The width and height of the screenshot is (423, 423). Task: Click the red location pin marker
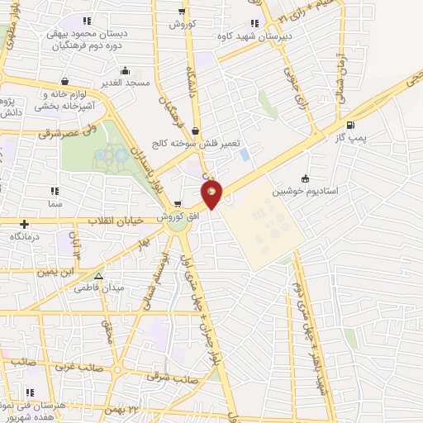[x=212, y=194]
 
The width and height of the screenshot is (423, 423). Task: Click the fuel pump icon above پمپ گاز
[x=353, y=126]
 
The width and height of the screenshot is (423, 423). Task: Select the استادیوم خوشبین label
[x=307, y=190]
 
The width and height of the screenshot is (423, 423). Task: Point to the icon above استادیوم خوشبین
[x=306, y=178]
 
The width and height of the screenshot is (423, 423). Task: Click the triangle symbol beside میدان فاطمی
[x=98, y=278]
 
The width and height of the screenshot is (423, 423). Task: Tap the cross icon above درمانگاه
[x=25, y=224]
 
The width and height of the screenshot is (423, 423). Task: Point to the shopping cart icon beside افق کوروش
[x=178, y=204]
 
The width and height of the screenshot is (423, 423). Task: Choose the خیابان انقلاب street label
[x=115, y=221]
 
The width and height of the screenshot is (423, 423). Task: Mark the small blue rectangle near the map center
[x=245, y=154]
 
